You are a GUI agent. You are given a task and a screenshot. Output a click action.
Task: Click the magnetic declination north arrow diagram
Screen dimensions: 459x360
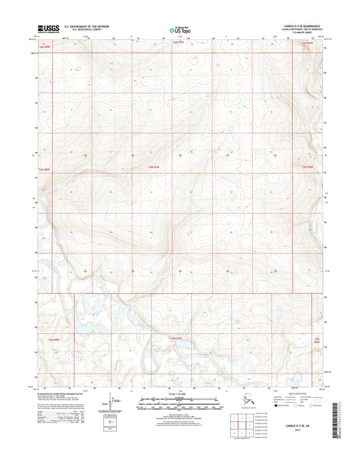[x=111, y=414]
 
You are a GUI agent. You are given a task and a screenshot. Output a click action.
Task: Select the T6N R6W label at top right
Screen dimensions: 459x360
[x=306, y=43]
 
